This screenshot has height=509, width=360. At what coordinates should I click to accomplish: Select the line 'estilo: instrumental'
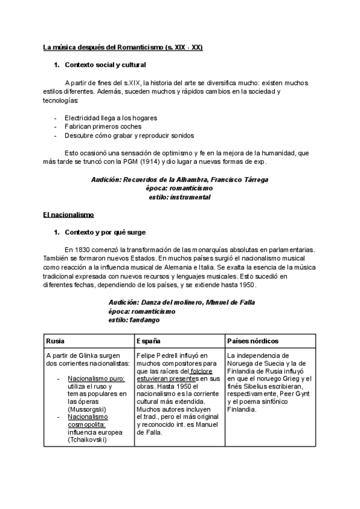pyautogui.click(x=179, y=197)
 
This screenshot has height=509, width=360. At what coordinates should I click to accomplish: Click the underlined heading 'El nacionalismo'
pyautogui.click(x=68, y=214)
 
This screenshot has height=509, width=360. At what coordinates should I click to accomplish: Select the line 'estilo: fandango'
pyautogui.click(x=134, y=321)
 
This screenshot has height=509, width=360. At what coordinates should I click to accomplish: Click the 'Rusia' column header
pyautogui.click(x=56, y=341)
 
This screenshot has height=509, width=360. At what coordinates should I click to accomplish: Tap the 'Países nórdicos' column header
pyautogui.click(x=253, y=341)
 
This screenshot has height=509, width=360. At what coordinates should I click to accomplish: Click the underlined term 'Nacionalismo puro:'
pyautogui.click(x=95, y=379)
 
